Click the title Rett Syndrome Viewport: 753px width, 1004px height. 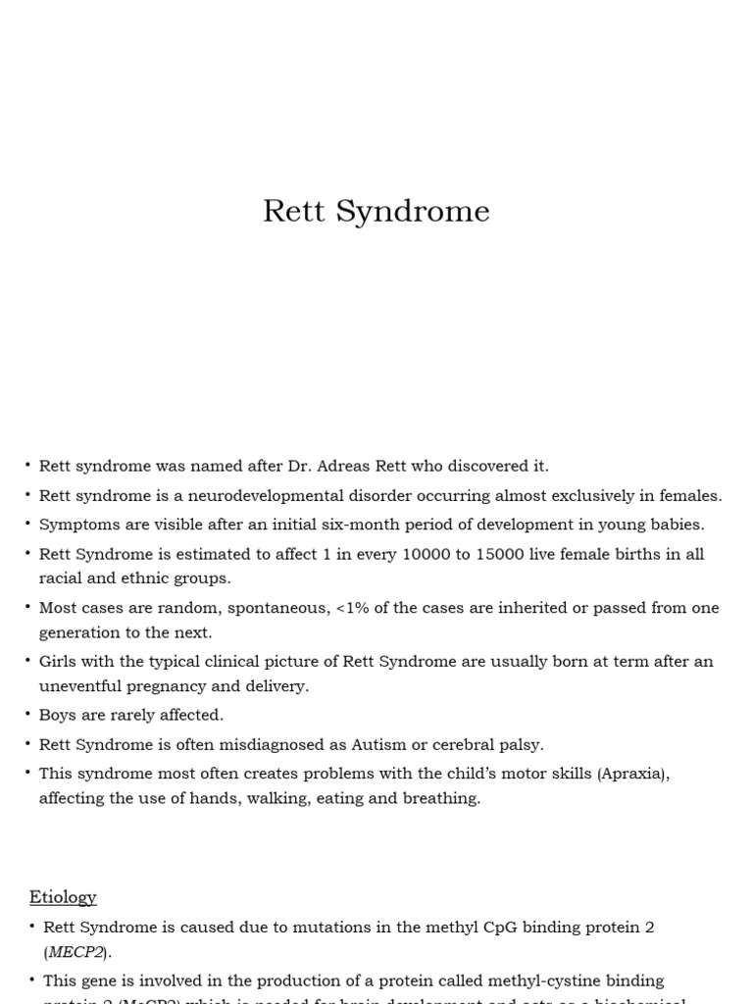tap(376, 212)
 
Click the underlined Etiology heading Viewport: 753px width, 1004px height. tap(63, 897)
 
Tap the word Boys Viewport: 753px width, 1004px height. tap(58, 715)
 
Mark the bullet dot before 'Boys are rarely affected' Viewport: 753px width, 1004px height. tap(28, 715)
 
